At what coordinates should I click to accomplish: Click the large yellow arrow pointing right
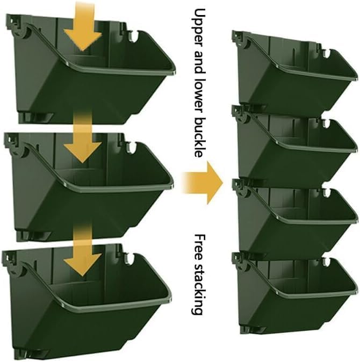203,181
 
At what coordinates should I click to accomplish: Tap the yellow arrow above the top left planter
82,24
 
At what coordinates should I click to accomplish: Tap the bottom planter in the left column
91,306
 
